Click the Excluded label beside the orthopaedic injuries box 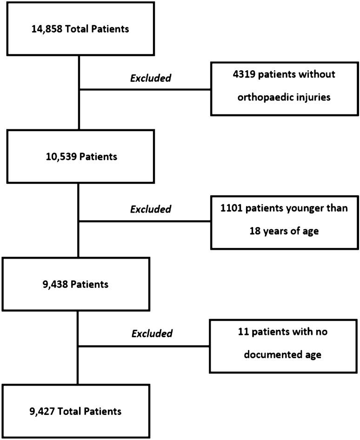click(151, 78)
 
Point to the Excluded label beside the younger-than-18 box click(151, 209)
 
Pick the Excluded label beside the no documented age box click(152, 333)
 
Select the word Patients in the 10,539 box click(99, 157)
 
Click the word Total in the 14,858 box click(80, 29)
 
